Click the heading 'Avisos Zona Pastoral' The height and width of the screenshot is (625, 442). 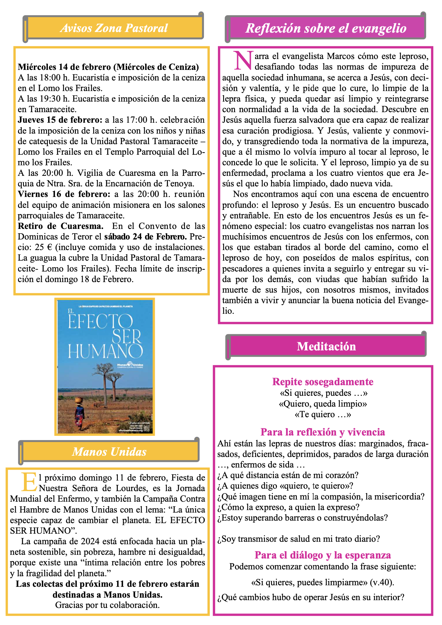[x=114, y=28]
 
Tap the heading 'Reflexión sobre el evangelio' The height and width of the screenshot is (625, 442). [x=326, y=28]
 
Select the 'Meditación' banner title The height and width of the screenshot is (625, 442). [x=326, y=346]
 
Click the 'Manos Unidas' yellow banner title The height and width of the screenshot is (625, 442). [x=109, y=451]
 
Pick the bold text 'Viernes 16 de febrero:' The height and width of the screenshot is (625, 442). [x=64, y=194]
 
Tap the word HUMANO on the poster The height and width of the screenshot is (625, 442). [x=105, y=351]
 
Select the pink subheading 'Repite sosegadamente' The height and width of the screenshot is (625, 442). [x=323, y=381]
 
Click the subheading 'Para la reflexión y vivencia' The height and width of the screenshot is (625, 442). [x=323, y=432]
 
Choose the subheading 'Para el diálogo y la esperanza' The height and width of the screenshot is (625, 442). [x=323, y=555]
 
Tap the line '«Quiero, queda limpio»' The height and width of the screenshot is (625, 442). [x=323, y=404]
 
